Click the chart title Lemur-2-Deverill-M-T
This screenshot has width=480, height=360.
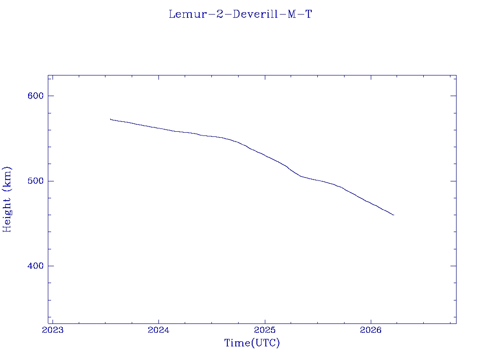(240, 14)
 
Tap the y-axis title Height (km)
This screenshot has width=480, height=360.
(7, 199)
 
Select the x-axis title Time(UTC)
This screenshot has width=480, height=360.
(252, 343)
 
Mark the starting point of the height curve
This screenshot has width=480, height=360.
(110, 119)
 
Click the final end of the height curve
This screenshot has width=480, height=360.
(394, 215)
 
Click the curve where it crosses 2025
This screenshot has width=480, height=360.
(265, 156)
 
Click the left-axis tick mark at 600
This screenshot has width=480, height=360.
(51, 96)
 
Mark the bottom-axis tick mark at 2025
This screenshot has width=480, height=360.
(265, 321)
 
